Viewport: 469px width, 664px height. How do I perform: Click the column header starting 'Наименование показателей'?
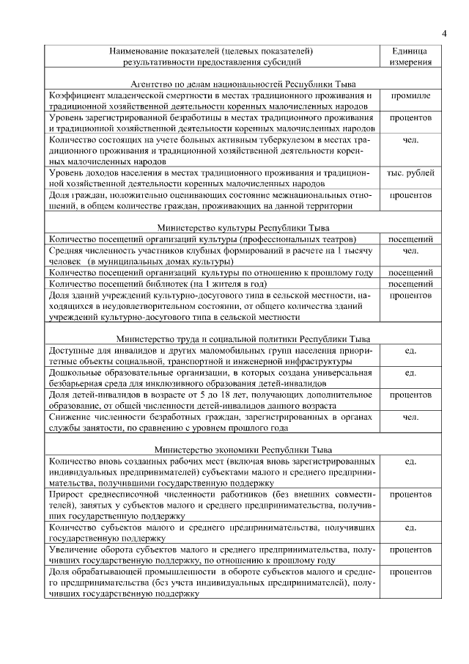[211, 56]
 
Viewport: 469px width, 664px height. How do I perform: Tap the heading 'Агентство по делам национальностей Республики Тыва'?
[211, 84]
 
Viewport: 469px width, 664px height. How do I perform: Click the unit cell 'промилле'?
[410, 96]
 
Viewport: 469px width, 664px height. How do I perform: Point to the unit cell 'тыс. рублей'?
[410, 173]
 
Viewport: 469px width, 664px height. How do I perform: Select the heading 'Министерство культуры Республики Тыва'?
[211, 227]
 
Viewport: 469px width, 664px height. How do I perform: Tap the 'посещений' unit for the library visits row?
[410, 283]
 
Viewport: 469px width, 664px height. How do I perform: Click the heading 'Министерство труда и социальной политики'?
[211, 339]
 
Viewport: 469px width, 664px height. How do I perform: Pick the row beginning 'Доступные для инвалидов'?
[211, 356]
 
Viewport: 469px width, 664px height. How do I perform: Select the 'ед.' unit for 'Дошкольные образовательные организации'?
[410, 373]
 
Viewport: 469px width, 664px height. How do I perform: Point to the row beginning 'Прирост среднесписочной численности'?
[211, 505]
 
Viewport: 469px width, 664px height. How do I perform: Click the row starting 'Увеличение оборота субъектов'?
[211, 555]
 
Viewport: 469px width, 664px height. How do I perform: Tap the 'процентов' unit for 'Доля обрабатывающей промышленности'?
[410, 572]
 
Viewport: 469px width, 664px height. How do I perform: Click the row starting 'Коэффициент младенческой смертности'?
[211, 101]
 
